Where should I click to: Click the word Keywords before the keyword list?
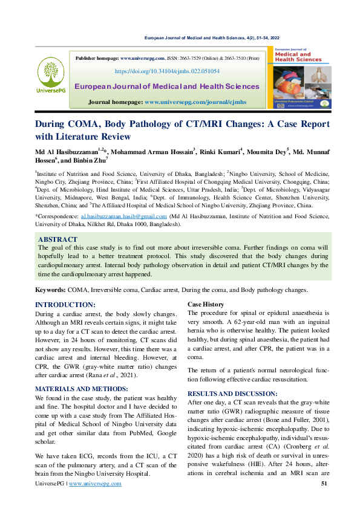(x=50, y=290)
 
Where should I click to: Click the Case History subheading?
(x=206, y=304)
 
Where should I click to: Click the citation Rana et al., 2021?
(x=126, y=375)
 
